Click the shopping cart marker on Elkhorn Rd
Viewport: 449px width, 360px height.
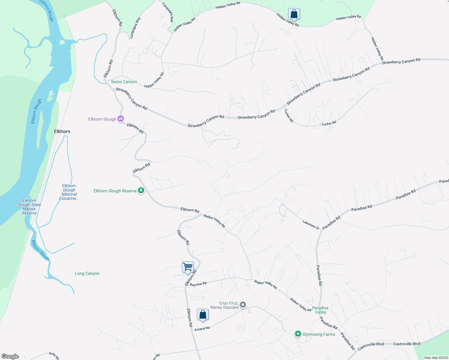[188, 267]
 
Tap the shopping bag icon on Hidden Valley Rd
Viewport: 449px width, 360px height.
[294, 14]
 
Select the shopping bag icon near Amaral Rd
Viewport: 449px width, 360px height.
[203, 315]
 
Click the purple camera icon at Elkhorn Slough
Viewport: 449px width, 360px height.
[121, 119]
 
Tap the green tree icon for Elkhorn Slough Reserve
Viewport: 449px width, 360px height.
[141, 191]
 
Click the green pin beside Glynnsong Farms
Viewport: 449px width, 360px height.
[298, 334]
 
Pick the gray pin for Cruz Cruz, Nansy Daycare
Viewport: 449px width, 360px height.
[243, 305]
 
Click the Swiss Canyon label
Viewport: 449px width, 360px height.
[124, 82]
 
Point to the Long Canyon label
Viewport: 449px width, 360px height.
[87, 273]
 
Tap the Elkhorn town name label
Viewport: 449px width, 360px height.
[62, 131]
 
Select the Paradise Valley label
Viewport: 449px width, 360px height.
[320, 310]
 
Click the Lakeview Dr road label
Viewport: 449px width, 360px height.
[311, 225]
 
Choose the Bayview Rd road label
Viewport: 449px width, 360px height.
[198, 284]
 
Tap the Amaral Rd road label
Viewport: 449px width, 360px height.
[202, 328]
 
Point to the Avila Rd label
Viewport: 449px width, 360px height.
[54, 355]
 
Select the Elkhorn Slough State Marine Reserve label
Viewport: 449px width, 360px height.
[29, 207]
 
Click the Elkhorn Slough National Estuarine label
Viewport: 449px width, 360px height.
[69, 192]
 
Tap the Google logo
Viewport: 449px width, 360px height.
[10, 356]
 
